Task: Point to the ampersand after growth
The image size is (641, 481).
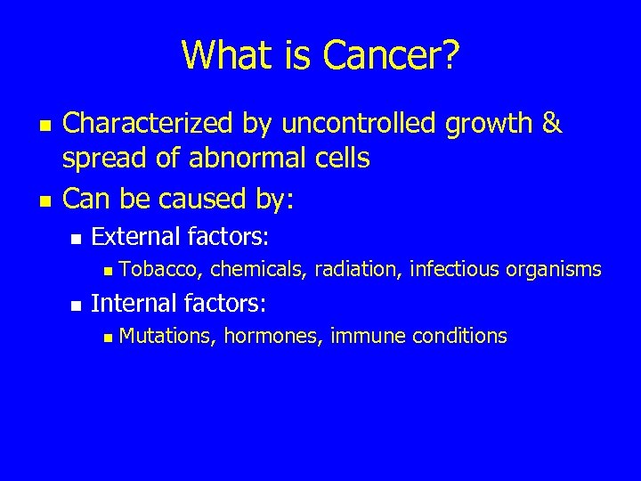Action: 552,125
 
